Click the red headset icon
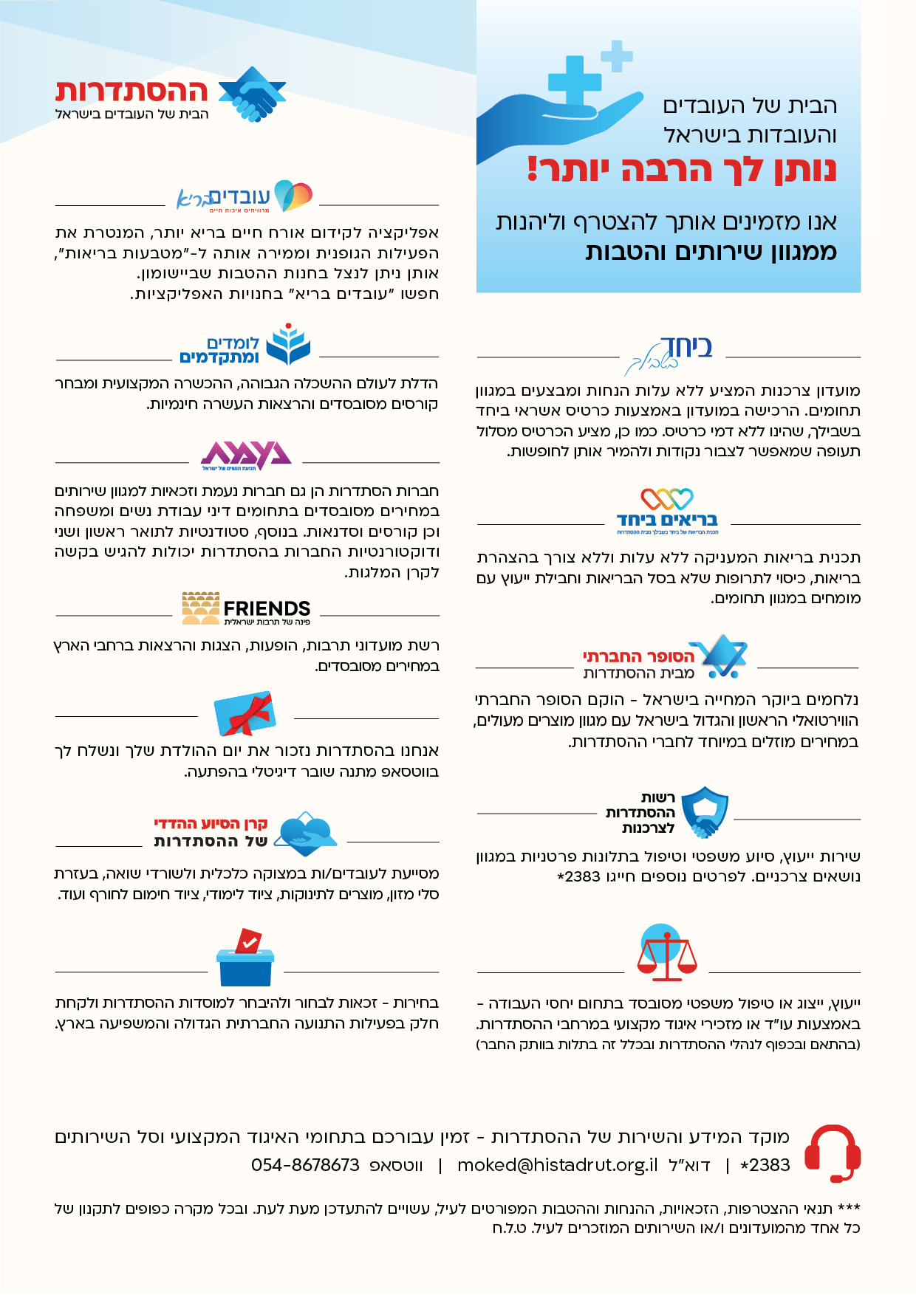(x=833, y=1153)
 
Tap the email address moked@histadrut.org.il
(x=557, y=1165)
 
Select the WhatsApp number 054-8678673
(x=305, y=1165)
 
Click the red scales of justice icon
(x=666, y=952)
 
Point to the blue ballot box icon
(x=245, y=959)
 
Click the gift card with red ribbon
(x=245, y=714)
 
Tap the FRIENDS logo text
(x=267, y=608)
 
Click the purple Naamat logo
(x=246, y=455)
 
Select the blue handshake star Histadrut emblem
(x=252, y=94)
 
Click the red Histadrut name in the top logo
(x=131, y=92)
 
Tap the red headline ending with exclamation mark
(x=681, y=170)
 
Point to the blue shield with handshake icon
(x=705, y=811)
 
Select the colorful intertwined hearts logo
(x=667, y=499)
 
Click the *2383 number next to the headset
(x=765, y=1165)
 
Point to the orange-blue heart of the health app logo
(x=293, y=196)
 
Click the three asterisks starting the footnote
(x=850, y=1209)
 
